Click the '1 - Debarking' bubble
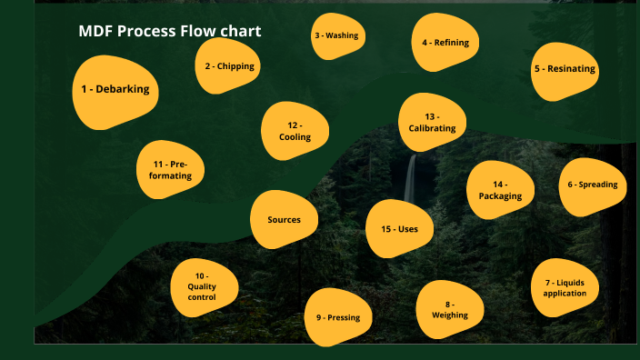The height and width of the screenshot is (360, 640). click(115, 91)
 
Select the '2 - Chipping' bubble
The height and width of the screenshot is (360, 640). click(229, 65)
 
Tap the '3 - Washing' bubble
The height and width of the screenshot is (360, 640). click(336, 36)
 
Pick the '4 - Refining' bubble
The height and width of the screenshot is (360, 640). click(445, 43)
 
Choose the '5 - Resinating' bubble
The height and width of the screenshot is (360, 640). click(565, 69)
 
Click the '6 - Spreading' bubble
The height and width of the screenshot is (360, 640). click(592, 185)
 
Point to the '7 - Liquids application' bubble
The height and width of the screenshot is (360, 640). click(565, 287)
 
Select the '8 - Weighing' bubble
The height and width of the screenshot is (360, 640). click(450, 309)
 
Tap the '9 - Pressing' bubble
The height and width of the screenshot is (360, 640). click(338, 317)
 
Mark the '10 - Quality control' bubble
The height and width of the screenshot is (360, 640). click(202, 286)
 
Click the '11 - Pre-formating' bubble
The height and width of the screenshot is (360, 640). click(170, 170)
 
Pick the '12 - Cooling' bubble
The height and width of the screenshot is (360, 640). click(295, 131)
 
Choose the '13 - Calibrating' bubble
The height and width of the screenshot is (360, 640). click(432, 123)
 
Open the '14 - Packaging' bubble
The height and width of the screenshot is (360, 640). click(500, 191)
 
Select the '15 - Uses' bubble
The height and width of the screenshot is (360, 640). click(400, 229)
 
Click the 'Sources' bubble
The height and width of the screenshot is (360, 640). click(284, 220)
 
